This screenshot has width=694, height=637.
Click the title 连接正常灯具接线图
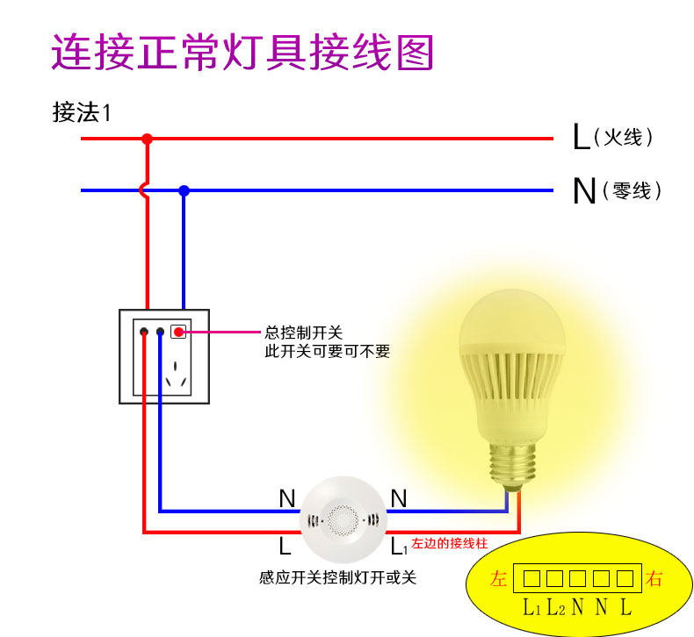242,53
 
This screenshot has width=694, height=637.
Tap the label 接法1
82,113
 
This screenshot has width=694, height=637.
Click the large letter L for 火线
581,137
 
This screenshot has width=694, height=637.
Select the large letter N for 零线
583,190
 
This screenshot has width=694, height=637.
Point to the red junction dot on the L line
148,139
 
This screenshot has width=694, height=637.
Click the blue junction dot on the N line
184,190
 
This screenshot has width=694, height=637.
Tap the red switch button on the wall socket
178,332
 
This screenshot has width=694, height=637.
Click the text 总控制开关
302,333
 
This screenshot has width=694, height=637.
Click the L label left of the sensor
285,547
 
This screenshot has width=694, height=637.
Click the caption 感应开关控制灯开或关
337,577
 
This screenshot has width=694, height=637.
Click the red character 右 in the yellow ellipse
654,579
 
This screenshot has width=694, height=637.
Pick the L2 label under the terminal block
554,607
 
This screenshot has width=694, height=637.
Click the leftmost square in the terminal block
532,579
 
